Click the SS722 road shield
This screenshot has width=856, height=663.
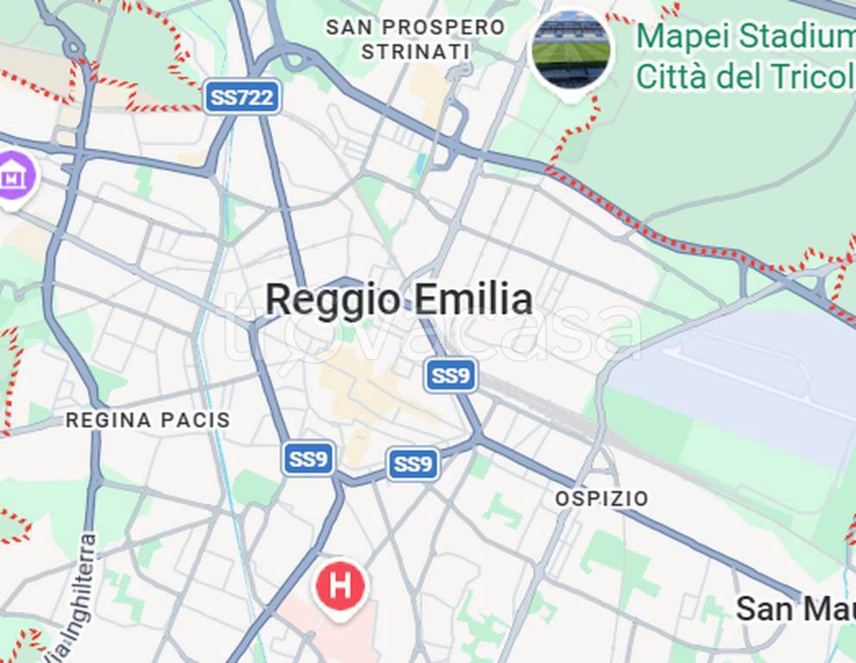(243, 97)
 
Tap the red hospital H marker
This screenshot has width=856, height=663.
(341, 586)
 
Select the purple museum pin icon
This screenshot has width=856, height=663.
(13, 177)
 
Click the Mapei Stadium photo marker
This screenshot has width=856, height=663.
(570, 50)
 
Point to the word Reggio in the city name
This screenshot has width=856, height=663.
(333, 300)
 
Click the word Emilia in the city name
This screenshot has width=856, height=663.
(473, 300)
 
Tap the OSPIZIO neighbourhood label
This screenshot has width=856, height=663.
(601, 499)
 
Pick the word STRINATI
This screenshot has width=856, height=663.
(416, 52)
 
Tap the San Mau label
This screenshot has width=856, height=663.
(795, 609)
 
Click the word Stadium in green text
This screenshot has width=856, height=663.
(793, 37)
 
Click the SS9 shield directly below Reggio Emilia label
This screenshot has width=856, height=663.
(450, 376)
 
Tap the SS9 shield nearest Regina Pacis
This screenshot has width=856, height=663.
(309, 459)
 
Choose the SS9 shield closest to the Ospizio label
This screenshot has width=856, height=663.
(413, 464)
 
